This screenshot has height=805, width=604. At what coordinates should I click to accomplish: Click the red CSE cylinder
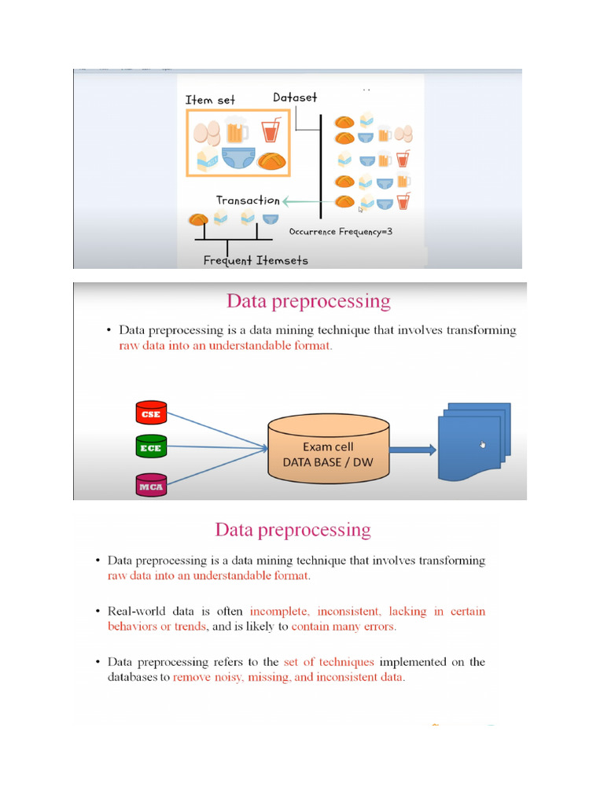[149, 413]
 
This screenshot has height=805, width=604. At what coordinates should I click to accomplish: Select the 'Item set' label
[210, 100]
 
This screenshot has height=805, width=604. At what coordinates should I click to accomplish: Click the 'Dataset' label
[295, 97]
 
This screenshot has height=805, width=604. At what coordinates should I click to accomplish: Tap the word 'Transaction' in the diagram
[248, 200]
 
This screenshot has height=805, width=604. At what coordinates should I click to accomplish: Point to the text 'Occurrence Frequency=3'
[340, 232]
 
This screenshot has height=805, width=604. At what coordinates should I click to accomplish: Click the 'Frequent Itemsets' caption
[256, 260]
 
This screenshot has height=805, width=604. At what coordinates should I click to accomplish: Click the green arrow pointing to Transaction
[302, 201]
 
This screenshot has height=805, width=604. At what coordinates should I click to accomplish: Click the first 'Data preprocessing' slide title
[308, 300]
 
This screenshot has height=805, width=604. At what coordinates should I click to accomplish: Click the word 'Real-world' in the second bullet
[134, 611]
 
